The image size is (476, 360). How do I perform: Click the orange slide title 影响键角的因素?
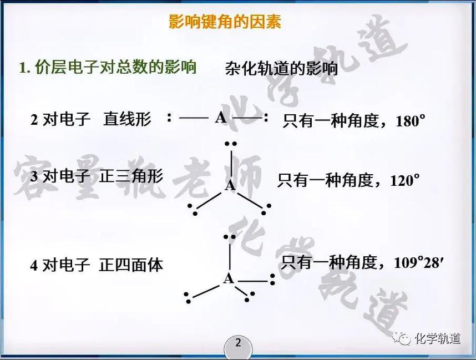(x=225, y=22)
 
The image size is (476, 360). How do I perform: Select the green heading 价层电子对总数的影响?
(x=115, y=67)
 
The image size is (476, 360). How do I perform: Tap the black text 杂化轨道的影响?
(x=281, y=68)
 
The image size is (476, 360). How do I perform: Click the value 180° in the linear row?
(x=411, y=120)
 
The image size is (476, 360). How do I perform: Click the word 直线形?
(x=127, y=119)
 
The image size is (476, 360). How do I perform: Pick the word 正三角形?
(x=131, y=176)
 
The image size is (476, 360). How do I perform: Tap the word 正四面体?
(x=131, y=265)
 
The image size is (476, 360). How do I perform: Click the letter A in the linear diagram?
(x=221, y=118)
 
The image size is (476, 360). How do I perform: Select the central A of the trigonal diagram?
(x=230, y=185)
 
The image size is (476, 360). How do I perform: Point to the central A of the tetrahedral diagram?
(x=229, y=278)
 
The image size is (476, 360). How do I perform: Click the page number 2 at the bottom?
(x=238, y=343)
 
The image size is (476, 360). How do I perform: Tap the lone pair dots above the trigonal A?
(x=231, y=144)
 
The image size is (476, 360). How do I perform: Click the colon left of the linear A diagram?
(x=169, y=117)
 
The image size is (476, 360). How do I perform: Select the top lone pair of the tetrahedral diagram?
(x=230, y=237)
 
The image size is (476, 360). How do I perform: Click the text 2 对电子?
(x=60, y=119)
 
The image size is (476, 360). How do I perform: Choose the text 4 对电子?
(x=60, y=265)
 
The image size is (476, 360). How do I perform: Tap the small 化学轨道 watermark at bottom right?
(x=438, y=338)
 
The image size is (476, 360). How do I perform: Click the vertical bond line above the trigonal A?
(x=231, y=164)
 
